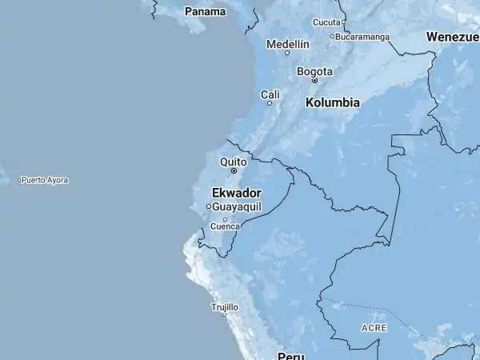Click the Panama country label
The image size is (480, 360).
(x=205, y=11)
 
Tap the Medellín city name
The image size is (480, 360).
(x=287, y=44)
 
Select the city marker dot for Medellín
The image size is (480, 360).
(x=287, y=53)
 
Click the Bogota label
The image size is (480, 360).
(x=314, y=71)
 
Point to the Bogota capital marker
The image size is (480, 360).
(x=314, y=80)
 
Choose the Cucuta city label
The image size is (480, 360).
(x=326, y=22)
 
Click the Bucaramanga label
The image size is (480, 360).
(x=363, y=36)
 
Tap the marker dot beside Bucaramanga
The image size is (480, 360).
(x=333, y=36)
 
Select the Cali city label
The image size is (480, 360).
(x=270, y=94)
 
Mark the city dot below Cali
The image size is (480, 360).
(x=270, y=103)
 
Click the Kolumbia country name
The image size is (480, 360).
(x=333, y=102)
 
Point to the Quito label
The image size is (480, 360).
(x=234, y=162)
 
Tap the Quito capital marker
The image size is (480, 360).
(x=234, y=170)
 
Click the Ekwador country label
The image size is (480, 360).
(x=237, y=193)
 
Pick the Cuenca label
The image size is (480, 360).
(x=225, y=226)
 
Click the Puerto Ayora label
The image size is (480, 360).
(x=45, y=180)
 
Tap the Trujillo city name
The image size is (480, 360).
(x=225, y=306)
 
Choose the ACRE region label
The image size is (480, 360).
(x=374, y=328)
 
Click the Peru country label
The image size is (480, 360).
(x=292, y=354)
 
